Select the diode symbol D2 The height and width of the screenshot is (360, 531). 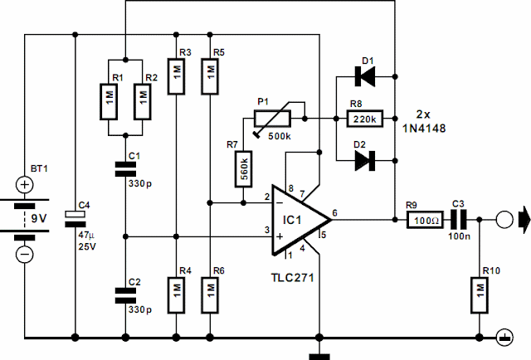[x=363, y=161]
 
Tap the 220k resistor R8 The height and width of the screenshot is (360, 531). [x=363, y=119]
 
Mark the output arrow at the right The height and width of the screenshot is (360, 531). [x=520, y=220]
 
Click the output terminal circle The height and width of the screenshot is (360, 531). [x=502, y=220]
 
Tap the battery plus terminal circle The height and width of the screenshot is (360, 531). [x=26, y=183]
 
